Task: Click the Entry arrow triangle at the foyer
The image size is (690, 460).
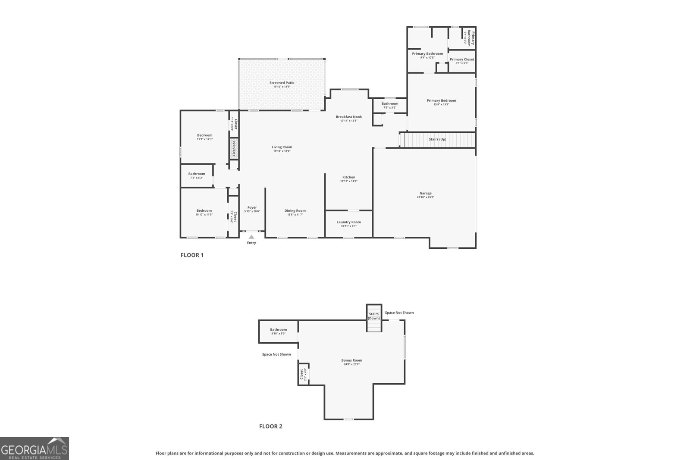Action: [x=251, y=237]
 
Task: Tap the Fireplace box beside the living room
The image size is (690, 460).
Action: [x=234, y=148]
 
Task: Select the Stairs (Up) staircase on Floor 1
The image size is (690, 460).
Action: [x=437, y=140]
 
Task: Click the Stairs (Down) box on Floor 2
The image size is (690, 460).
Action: [x=374, y=318]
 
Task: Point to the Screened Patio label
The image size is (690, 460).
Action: [x=282, y=83]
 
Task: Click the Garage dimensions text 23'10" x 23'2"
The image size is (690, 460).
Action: [x=425, y=197]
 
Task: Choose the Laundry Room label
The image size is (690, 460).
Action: [x=348, y=222]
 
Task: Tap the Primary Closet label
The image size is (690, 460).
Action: [x=462, y=59]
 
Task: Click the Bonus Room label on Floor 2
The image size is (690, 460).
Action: [x=351, y=360]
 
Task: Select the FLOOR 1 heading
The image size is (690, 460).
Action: [x=192, y=255]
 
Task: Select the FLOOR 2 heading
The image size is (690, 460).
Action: [x=270, y=426]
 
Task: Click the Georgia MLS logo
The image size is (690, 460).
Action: [x=34, y=448]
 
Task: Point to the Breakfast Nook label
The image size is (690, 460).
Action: [x=348, y=117]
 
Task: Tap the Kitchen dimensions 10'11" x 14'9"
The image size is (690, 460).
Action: [x=348, y=181]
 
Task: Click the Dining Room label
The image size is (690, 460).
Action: [x=295, y=211]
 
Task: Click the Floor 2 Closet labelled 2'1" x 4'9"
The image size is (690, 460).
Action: [x=303, y=374]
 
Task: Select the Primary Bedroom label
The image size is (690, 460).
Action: [x=441, y=100]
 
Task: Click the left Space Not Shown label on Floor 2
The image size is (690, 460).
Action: [x=276, y=354]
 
